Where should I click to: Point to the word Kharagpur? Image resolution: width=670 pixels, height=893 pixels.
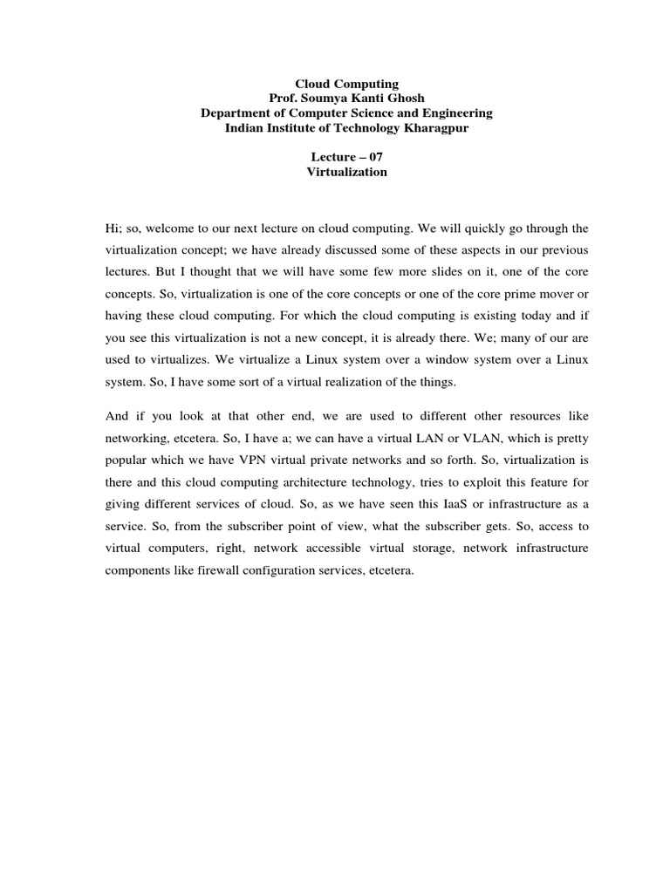coord(436,127)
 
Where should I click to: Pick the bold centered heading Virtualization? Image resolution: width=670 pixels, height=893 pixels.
coord(347,172)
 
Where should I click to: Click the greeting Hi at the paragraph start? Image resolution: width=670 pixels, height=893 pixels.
coord(113,228)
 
